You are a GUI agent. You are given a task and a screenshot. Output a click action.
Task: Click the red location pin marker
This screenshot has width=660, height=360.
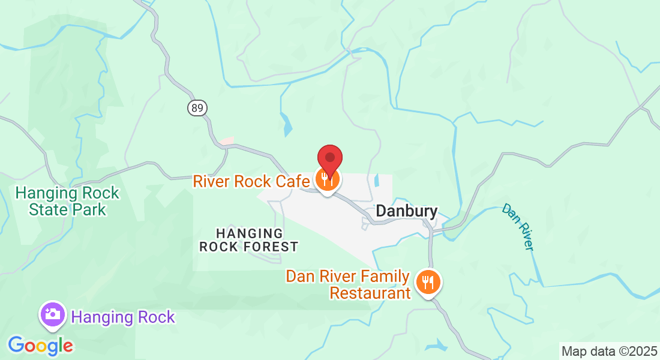click(x=329, y=159)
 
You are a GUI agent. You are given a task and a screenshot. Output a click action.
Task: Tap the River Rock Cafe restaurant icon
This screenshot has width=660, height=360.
click(x=327, y=179)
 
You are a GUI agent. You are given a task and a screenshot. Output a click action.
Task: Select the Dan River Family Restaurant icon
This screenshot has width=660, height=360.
click(x=428, y=281)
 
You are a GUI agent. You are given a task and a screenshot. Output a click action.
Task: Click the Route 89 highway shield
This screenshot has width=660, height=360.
click(x=197, y=108)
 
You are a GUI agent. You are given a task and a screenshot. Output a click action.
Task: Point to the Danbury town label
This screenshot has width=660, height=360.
click(x=406, y=211)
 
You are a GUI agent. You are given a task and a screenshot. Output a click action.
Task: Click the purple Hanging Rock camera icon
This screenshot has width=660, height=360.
click(x=53, y=314)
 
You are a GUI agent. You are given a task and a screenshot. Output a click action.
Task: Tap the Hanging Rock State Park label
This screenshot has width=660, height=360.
click(x=67, y=202)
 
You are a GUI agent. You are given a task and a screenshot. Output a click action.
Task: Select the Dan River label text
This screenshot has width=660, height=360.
click(x=518, y=227)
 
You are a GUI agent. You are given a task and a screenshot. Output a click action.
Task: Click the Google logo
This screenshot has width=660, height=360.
click(x=41, y=346)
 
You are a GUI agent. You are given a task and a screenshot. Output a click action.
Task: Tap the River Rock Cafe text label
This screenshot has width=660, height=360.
click(x=251, y=181)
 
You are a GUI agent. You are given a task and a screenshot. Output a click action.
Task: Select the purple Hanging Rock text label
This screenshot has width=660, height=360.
click(x=123, y=317)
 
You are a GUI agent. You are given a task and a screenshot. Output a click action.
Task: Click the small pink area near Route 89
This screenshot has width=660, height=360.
click(x=226, y=141)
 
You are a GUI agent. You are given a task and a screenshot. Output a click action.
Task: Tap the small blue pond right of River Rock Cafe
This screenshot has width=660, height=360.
click(x=377, y=179)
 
